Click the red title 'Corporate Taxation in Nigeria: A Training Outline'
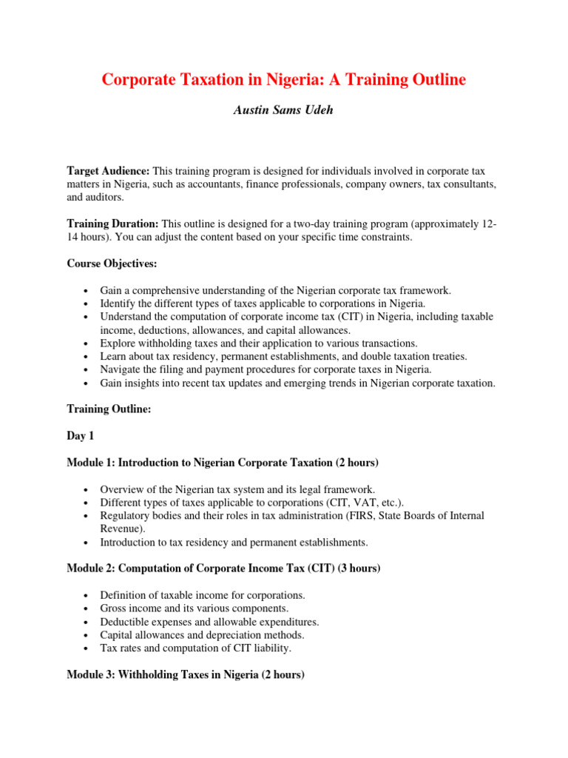[x=283, y=80]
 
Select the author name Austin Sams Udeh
[x=283, y=110]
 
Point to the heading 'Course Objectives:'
[x=114, y=263]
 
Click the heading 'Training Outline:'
[x=109, y=409]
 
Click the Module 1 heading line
[x=223, y=463]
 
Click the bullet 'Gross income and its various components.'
[x=194, y=608]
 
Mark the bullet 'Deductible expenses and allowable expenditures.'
[x=209, y=622]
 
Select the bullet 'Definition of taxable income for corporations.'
[x=202, y=595]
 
